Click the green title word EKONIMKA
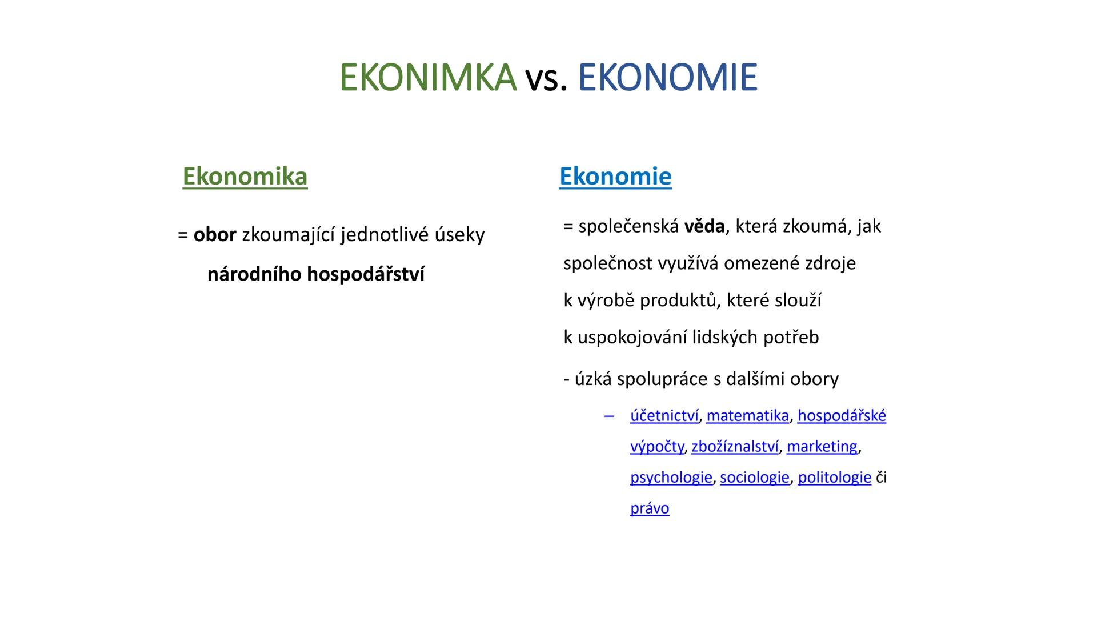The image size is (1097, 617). click(x=427, y=78)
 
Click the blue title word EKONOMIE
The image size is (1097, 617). click(x=667, y=78)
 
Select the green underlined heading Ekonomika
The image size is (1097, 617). click(x=245, y=176)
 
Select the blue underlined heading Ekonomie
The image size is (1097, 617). click(x=615, y=176)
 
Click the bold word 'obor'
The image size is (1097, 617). click(x=215, y=234)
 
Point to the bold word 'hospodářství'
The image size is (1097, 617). click(x=366, y=274)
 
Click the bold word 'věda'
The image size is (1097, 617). click(x=704, y=226)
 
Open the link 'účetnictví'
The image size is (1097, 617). click(x=664, y=416)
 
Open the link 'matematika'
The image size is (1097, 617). click(x=747, y=416)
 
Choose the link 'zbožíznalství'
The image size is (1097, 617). click(x=735, y=447)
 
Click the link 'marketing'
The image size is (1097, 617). click(x=822, y=447)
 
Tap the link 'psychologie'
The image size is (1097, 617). click(x=671, y=478)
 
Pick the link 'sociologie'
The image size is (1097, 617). click(x=754, y=478)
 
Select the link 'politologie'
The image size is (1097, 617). click(x=834, y=478)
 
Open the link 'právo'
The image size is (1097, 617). click(x=650, y=508)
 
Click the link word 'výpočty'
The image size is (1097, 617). click(x=656, y=447)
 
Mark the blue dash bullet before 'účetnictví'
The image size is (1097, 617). click(x=609, y=416)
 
